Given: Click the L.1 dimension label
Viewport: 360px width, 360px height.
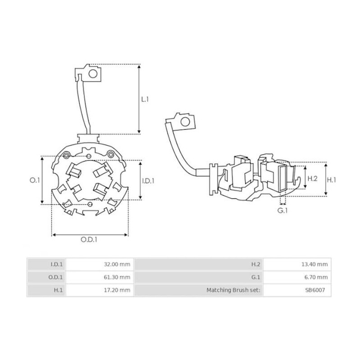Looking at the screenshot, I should click(x=145, y=99).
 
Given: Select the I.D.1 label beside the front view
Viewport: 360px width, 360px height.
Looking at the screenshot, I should click(x=148, y=180).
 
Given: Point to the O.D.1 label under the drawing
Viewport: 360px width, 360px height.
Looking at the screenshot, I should click(x=90, y=239).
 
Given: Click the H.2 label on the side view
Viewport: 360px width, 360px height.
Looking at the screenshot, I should click(x=312, y=179).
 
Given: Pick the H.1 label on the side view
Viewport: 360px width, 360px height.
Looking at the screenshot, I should click(x=332, y=180).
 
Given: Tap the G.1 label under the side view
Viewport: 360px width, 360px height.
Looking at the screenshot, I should click(x=282, y=210).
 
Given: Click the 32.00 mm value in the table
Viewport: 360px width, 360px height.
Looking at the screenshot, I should click(x=117, y=264).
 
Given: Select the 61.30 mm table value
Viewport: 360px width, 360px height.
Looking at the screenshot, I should click(x=117, y=277).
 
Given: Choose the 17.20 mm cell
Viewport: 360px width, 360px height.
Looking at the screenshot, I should click(x=117, y=290).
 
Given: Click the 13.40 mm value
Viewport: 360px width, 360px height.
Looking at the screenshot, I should click(x=315, y=264).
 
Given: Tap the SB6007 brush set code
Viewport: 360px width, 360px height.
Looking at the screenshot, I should click(x=318, y=290).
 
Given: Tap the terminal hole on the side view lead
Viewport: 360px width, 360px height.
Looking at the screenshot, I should click(x=184, y=121).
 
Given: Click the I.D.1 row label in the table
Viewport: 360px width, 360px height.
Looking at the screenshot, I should click(x=57, y=264).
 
